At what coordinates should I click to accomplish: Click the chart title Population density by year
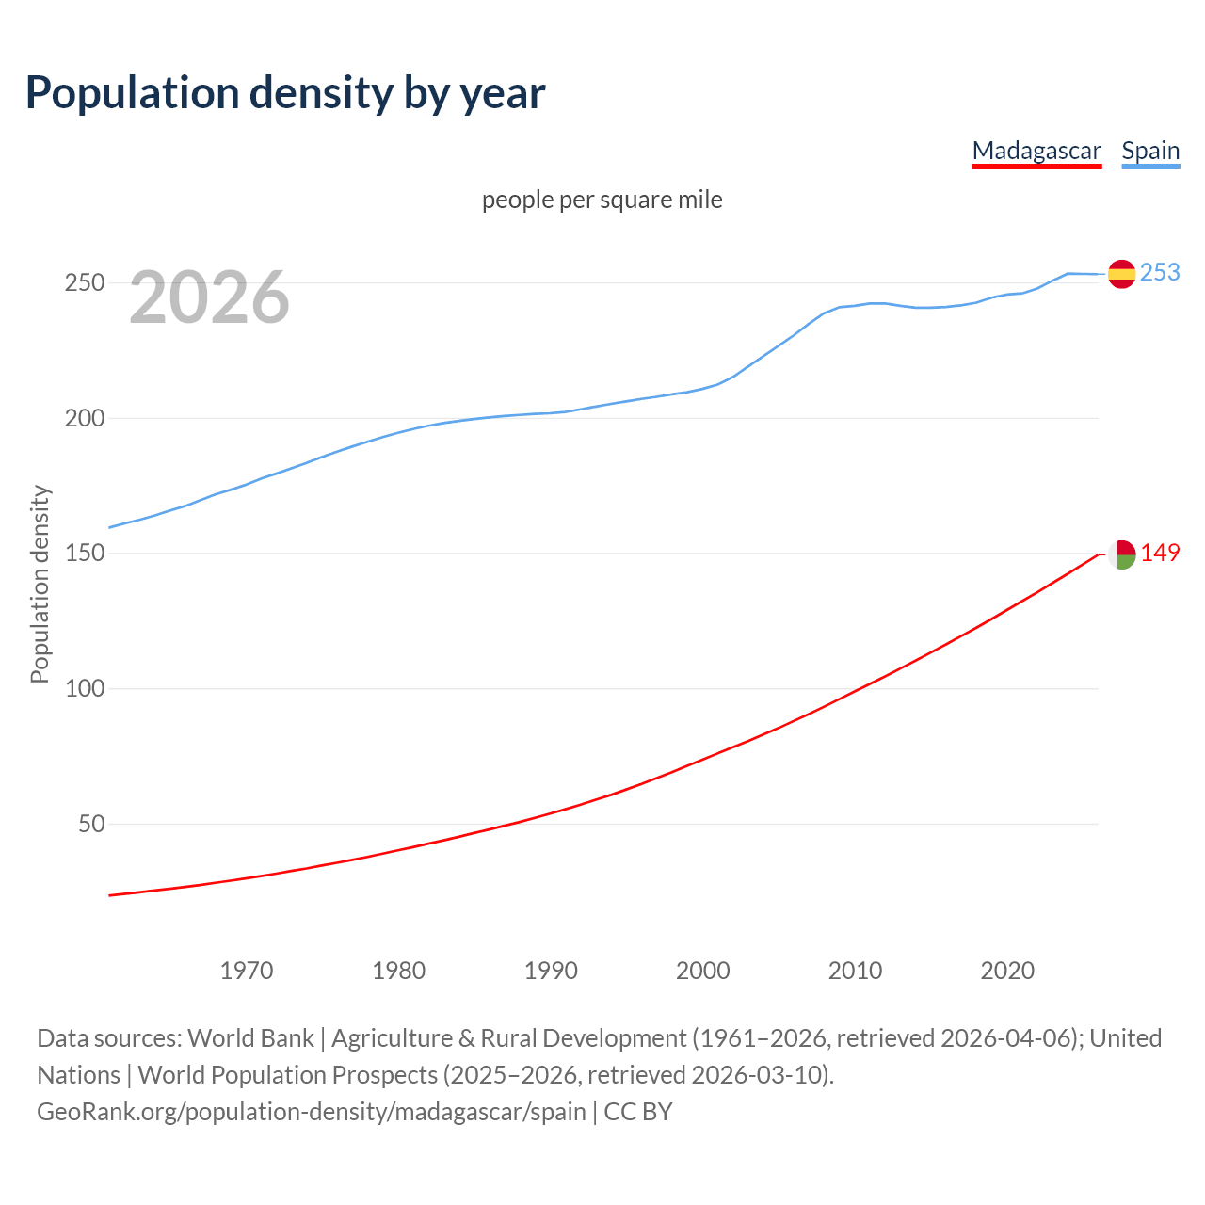click(x=285, y=93)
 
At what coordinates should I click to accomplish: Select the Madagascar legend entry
click(x=1036, y=151)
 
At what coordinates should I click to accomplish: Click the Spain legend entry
click(x=1150, y=151)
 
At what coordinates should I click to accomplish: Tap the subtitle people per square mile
click(x=602, y=200)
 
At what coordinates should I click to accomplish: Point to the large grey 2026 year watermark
click(x=209, y=297)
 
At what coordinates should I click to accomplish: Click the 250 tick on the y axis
click(x=84, y=282)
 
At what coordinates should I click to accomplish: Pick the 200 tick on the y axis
click(x=84, y=418)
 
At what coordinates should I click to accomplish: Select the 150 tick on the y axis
click(x=84, y=554)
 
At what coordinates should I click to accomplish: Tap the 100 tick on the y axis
click(x=84, y=688)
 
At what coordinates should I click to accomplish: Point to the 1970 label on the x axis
click(x=247, y=970)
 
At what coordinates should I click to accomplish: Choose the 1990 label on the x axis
click(x=551, y=970)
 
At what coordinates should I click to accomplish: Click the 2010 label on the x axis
click(x=855, y=970)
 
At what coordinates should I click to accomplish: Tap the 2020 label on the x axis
click(x=1007, y=970)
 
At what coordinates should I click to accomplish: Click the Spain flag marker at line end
click(x=1121, y=274)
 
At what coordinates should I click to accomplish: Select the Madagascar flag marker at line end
click(x=1121, y=554)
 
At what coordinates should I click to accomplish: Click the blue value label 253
click(x=1160, y=272)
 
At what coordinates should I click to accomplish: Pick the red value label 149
click(x=1160, y=553)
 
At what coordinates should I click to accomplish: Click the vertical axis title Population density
click(x=40, y=584)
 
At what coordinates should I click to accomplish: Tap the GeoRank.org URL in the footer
click(x=312, y=1112)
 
